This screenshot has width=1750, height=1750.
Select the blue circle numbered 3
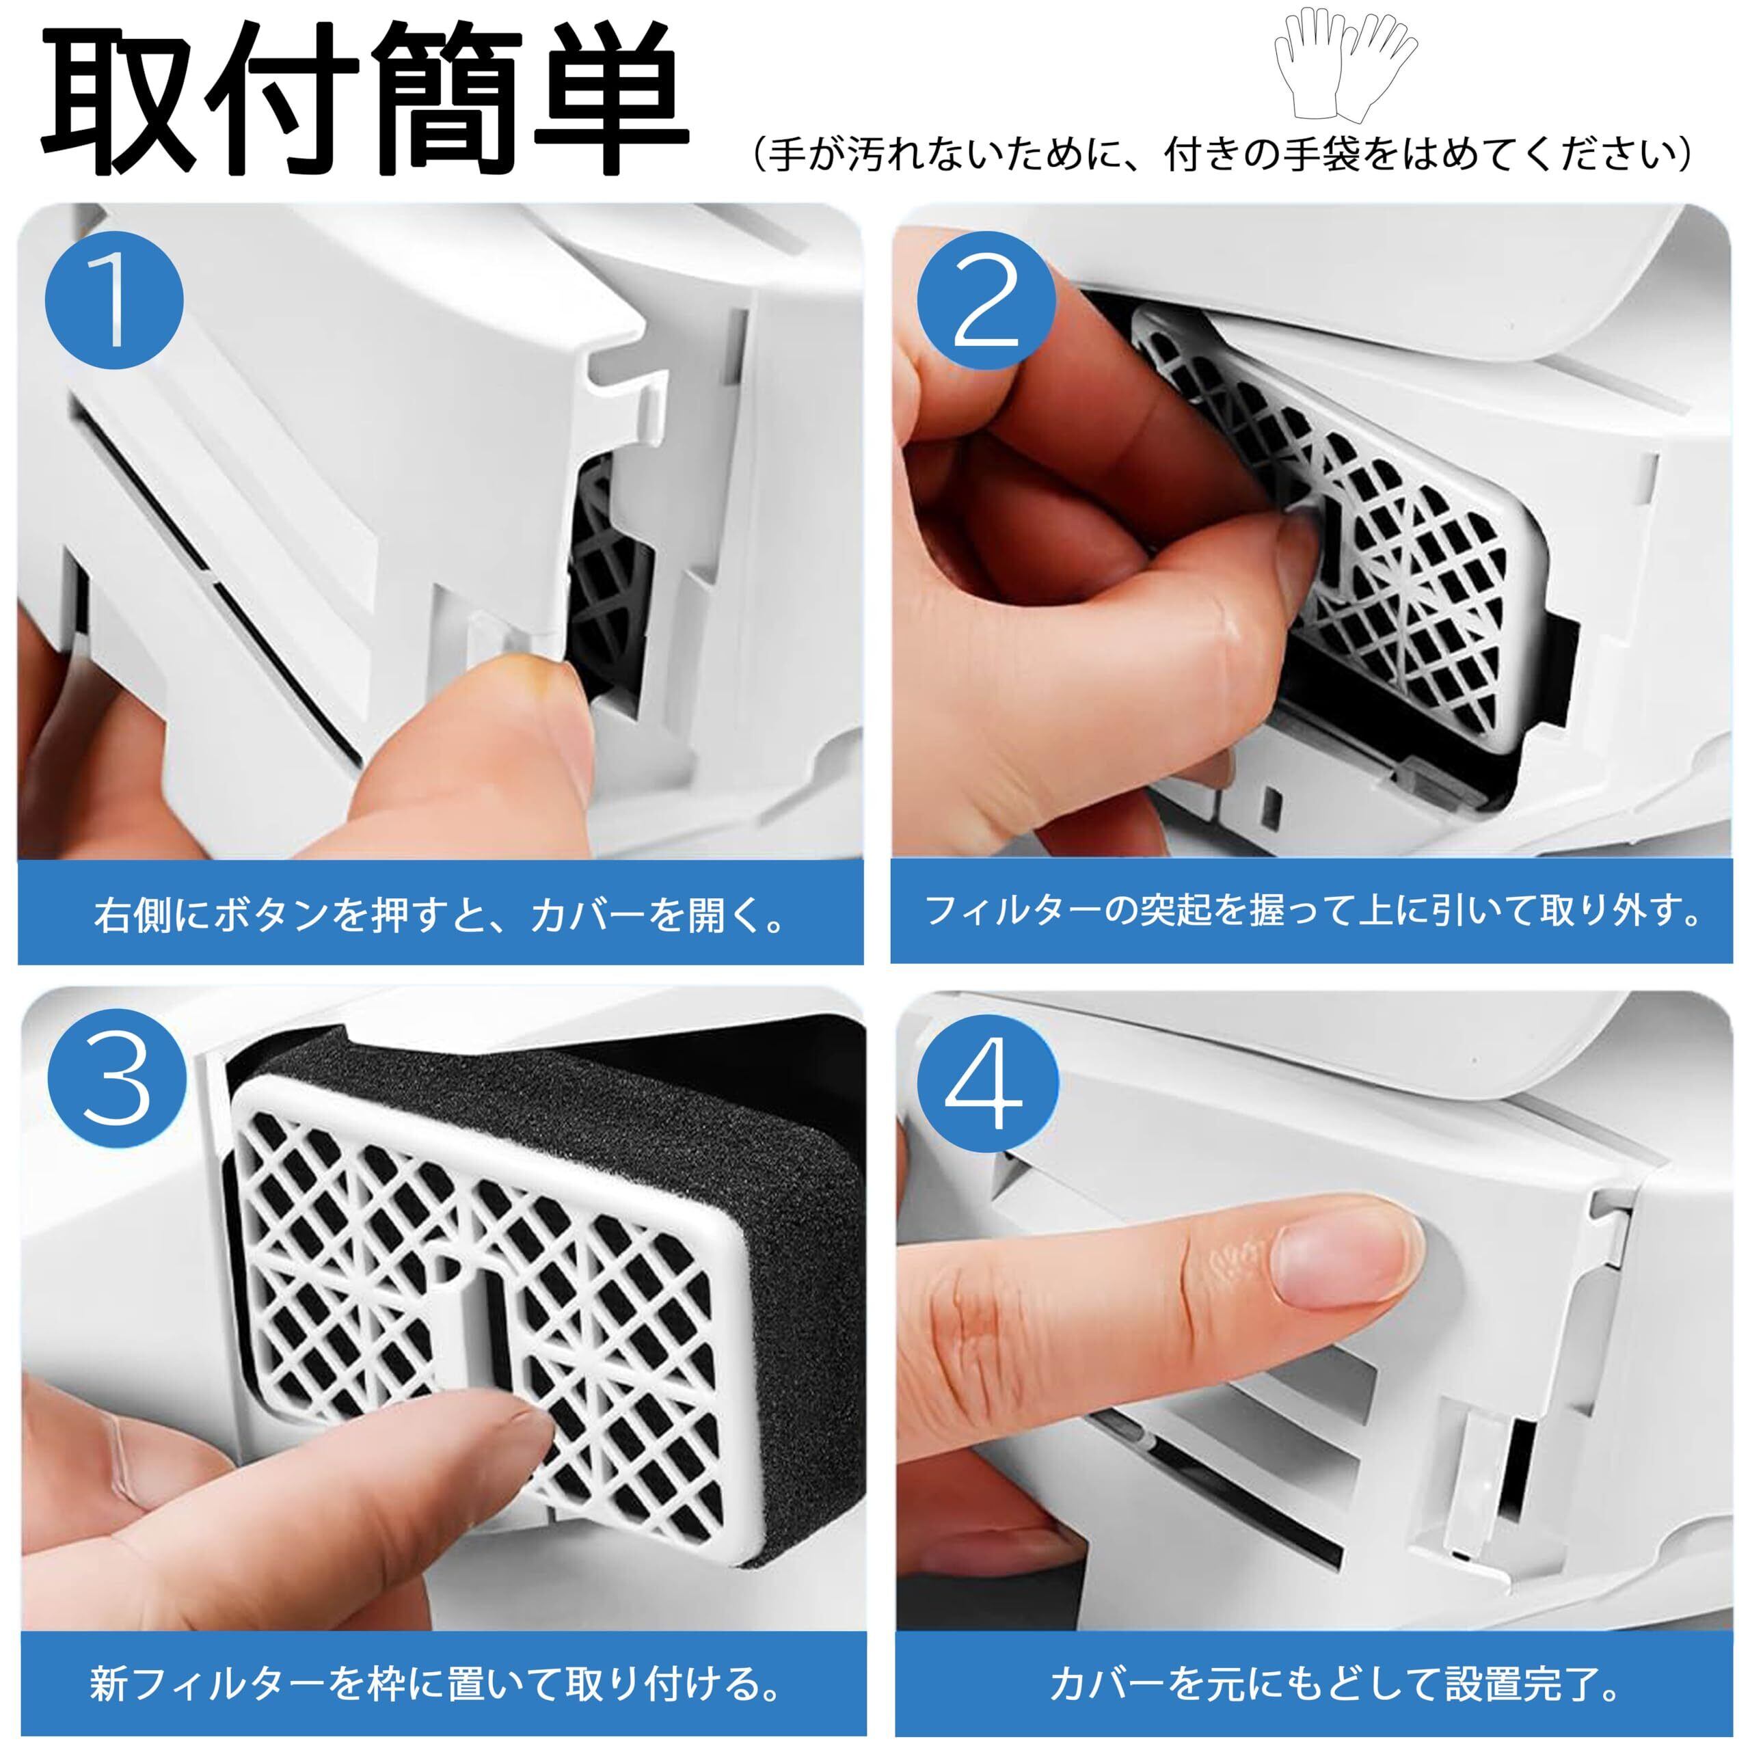pos(117,1081)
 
